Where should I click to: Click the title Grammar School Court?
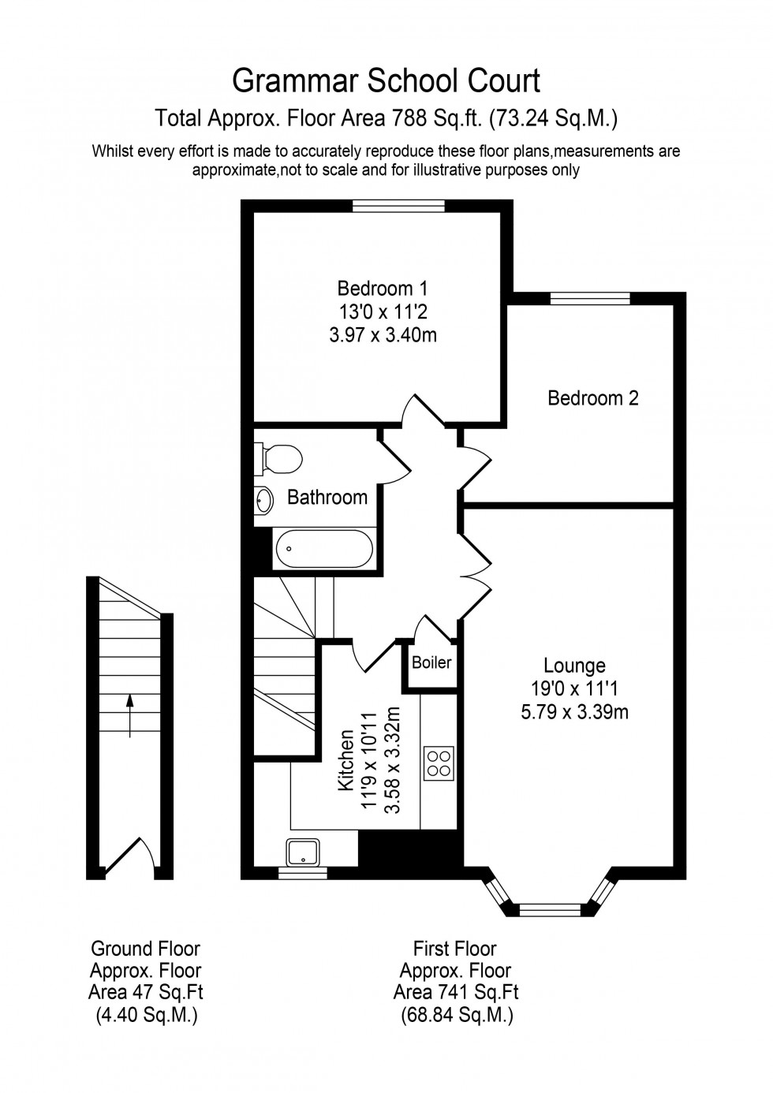pos(386,80)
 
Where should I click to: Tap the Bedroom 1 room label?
pos(383,288)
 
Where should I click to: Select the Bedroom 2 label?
pos(592,398)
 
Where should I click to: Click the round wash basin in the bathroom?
pos(263,499)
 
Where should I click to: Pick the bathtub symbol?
pos(323,548)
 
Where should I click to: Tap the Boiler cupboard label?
pos(431,662)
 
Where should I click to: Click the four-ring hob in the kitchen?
pos(439,763)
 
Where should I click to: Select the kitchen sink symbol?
pos(303,852)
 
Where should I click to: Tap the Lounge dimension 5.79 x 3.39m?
pos(574,713)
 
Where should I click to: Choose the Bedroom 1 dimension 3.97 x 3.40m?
pos(383,335)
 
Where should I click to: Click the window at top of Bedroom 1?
pos(398,206)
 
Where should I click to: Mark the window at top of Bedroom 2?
pos(590,298)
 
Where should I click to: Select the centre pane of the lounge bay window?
pos(551,909)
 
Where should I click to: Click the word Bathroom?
pos(327,498)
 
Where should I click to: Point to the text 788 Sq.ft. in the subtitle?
pos(437,118)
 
